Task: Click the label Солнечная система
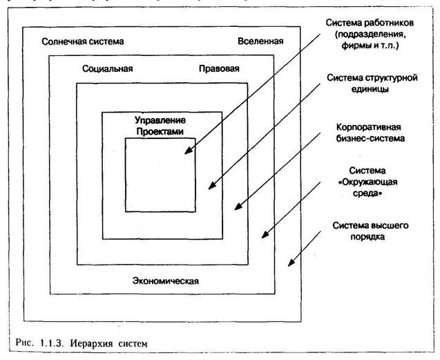tap(83, 41)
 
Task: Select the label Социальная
tap(107, 69)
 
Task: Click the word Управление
tap(162, 120)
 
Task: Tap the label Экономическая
tap(165, 280)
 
